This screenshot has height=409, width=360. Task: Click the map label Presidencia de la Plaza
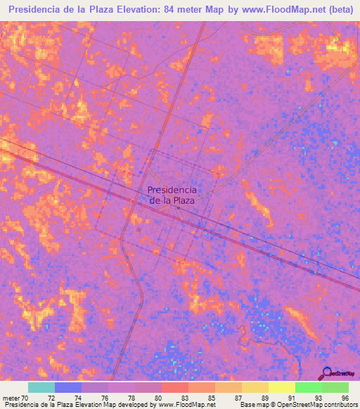[172, 195]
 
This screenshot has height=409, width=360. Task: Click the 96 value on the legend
[345, 398]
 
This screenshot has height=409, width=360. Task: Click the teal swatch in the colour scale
[41, 387]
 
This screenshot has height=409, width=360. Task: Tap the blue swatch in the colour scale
[67, 387]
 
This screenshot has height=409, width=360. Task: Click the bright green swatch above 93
[308, 387]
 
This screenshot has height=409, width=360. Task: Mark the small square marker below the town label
[179, 207]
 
